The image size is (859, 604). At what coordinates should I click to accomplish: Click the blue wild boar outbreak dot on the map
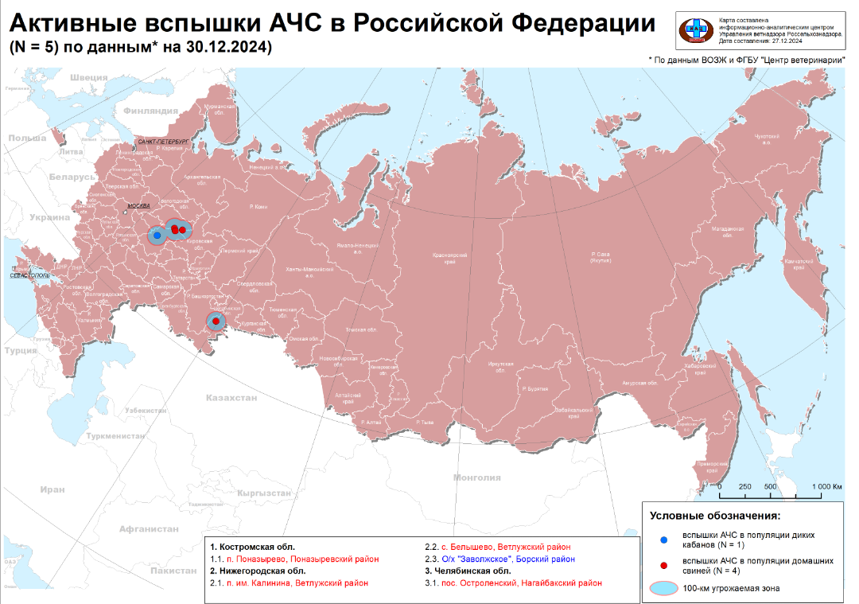157,236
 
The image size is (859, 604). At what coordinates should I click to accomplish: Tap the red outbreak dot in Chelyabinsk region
216,321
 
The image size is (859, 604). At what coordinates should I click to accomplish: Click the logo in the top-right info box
696,30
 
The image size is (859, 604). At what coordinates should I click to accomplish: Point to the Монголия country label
476,477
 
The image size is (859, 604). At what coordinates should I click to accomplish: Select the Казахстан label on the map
231,397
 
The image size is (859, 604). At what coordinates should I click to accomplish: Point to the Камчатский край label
796,264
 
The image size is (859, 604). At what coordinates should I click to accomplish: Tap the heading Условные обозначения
715,516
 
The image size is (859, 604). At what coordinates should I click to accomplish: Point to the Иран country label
52,489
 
